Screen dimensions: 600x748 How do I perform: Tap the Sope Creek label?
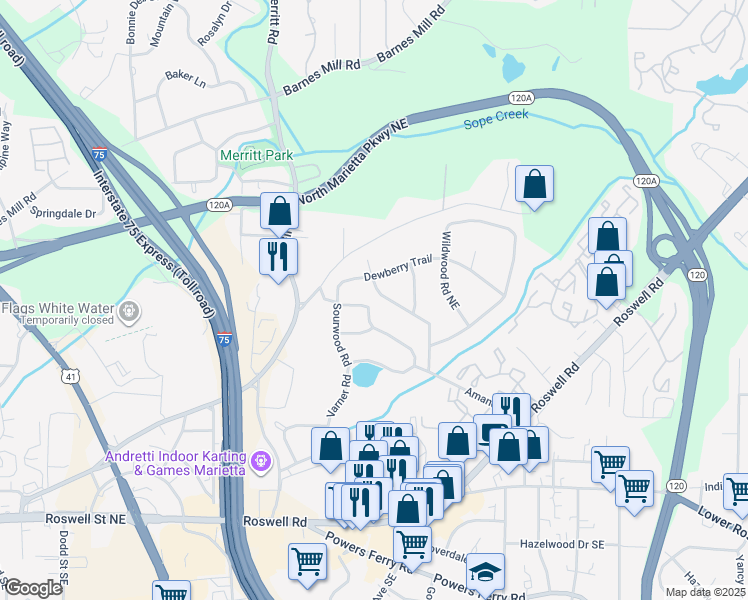(x=495, y=122)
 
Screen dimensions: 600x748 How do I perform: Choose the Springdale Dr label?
(x=62, y=213)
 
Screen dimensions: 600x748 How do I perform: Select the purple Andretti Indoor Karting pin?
(x=262, y=460)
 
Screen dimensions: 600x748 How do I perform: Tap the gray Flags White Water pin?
(x=129, y=313)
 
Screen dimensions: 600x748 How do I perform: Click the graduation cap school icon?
(x=485, y=570)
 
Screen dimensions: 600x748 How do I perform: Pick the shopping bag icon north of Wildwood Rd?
(x=535, y=184)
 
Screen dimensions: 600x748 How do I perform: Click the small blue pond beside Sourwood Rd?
(x=366, y=376)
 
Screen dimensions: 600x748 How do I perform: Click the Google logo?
(x=33, y=588)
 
